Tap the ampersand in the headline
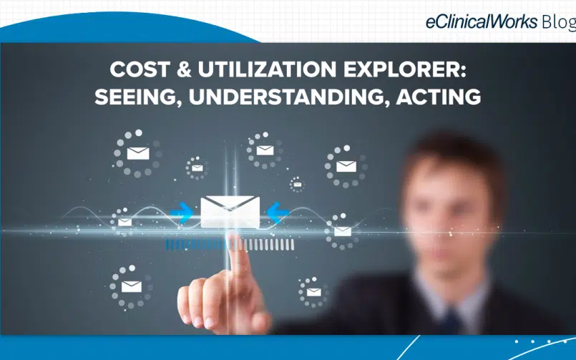184,69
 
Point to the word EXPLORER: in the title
405,69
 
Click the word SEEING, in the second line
138,97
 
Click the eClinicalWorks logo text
482,21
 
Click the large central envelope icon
230,212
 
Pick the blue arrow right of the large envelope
278,213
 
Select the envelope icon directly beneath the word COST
138,153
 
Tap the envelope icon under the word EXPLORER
346,167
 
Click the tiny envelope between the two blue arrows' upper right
297,184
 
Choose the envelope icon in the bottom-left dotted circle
132,286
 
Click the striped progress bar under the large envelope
230,245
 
